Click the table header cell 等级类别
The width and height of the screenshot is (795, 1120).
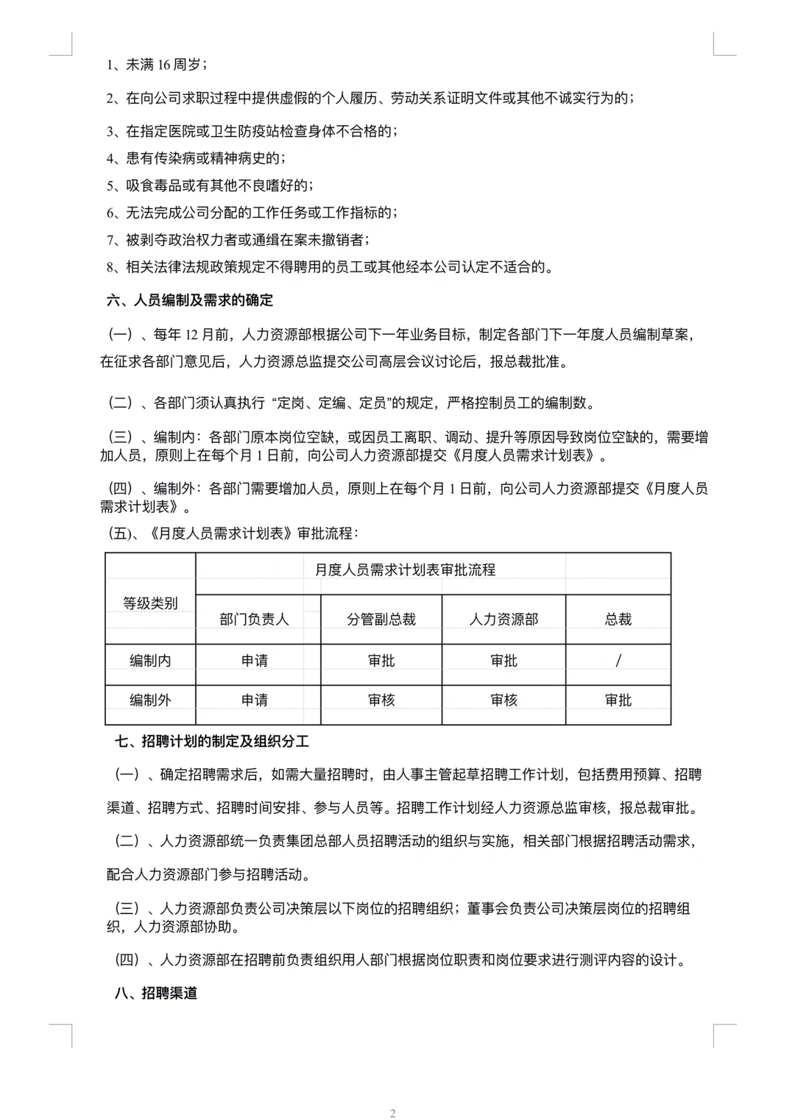click(150, 603)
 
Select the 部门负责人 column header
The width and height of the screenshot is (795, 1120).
click(254, 620)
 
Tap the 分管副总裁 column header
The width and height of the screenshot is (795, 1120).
click(381, 620)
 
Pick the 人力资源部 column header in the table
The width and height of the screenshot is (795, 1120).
click(504, 620)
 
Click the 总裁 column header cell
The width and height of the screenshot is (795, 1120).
click(618, 620)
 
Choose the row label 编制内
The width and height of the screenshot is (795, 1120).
click(150, 661)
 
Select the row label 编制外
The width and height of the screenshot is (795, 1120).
click(150, 700)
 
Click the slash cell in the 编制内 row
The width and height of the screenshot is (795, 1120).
click(618, 661)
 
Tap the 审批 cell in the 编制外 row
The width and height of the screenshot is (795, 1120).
click(618, 700)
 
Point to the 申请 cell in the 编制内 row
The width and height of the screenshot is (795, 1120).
click(255, 661)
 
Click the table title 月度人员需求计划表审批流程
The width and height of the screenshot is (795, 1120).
click(405, 570)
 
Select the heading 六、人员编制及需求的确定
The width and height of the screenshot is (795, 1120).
click(190, 300)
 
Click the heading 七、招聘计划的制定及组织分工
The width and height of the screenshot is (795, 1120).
click(211, 741)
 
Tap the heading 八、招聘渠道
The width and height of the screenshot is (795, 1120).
click(156, 993)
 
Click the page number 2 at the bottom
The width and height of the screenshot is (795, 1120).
click(393, 1113)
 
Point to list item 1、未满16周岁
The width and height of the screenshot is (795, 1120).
click(156, 65)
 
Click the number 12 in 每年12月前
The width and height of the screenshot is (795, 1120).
click(192, 335)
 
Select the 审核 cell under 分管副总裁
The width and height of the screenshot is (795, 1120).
click(381, 700)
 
